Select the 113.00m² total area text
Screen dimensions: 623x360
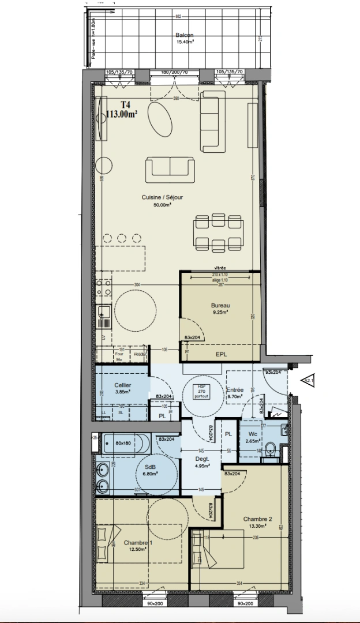point(121,114)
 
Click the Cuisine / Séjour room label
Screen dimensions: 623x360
point(162,197)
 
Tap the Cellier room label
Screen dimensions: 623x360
point(122,385)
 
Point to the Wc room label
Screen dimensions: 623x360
point(252,434)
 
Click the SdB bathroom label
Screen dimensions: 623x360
point(150,467)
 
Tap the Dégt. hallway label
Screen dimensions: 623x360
point(201,459)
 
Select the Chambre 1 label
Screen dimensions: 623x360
point(138,543)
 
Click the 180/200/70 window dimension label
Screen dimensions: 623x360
point(174,72)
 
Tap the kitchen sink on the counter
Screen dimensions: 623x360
point(104,312)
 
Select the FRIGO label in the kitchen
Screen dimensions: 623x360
point(140,354)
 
